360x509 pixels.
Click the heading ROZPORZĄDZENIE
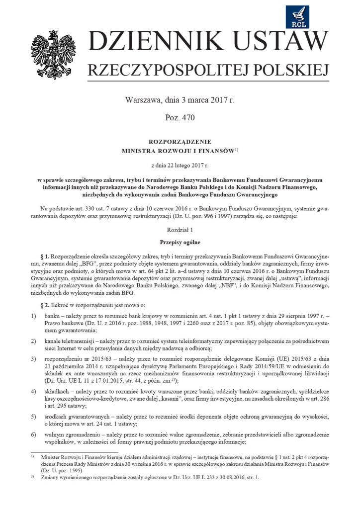[x=180, y=142]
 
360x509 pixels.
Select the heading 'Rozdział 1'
[x=180, y=230]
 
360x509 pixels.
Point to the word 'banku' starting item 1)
[x=52, y=317]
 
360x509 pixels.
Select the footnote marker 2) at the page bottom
[x=32, y=476]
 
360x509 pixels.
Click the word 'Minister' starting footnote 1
[x=52, y=455]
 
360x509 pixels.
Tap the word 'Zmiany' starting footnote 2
[x=51, y=477]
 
